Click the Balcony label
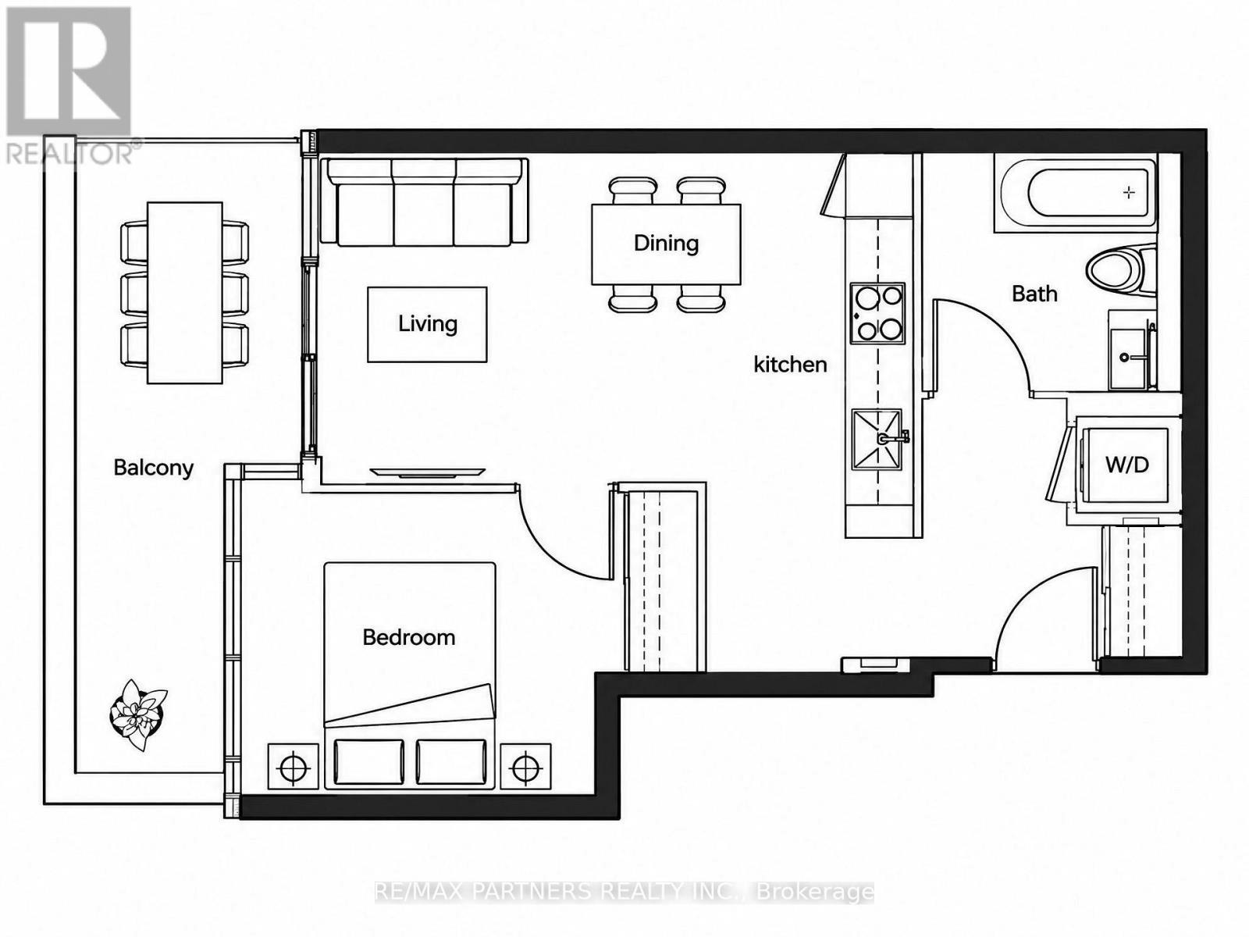coord(154,468)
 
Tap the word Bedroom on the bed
coord(408,637)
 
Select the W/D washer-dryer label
coord(1127,465)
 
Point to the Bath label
coord(1034,294)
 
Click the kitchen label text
coord(790,364)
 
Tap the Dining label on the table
coord(667,244)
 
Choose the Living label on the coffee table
coord(427,324)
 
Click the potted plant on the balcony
coord(138,714)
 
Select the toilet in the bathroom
coord(1121,270)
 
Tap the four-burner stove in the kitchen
coord(877,313)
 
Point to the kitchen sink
coord(877,439)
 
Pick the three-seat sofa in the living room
coord(425,202)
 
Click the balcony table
coord(185,292)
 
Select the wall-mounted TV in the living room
coord(427,472)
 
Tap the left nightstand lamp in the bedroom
coord(293,766)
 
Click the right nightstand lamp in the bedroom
coord(526,766)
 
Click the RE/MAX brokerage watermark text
coord(624,892)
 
